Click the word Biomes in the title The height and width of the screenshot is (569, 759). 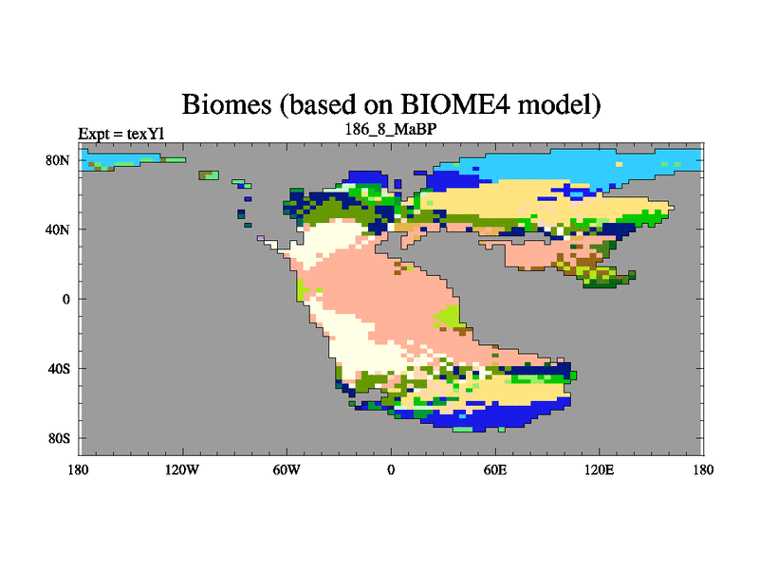[227, 104]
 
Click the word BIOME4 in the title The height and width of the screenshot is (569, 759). [455, 104]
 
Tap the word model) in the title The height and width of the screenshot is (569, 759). [559, 105]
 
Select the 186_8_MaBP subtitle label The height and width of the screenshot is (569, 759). [391, 130]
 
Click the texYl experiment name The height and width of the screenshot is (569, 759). [145, 134]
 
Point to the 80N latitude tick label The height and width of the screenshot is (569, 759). [58, 160]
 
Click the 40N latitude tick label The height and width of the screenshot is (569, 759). [58, 229]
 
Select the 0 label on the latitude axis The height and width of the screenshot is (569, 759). [65, 300]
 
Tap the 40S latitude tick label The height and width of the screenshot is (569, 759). [59, 369]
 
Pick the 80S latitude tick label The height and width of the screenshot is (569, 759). [59, 438]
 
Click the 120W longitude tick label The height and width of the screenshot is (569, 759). [182, 469]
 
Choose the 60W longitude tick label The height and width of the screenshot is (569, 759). [287, 469]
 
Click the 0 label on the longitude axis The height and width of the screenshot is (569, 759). [391, 469]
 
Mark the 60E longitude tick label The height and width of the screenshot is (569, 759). [495, 469]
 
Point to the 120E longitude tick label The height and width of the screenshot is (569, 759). [600, 469]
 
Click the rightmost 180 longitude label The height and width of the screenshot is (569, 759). [703, 469]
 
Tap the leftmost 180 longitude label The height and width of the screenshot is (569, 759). [79, 469]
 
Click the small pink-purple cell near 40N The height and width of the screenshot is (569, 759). [261, 238]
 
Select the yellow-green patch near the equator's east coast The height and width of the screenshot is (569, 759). [448, 317]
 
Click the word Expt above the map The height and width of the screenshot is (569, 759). [94, 134]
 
